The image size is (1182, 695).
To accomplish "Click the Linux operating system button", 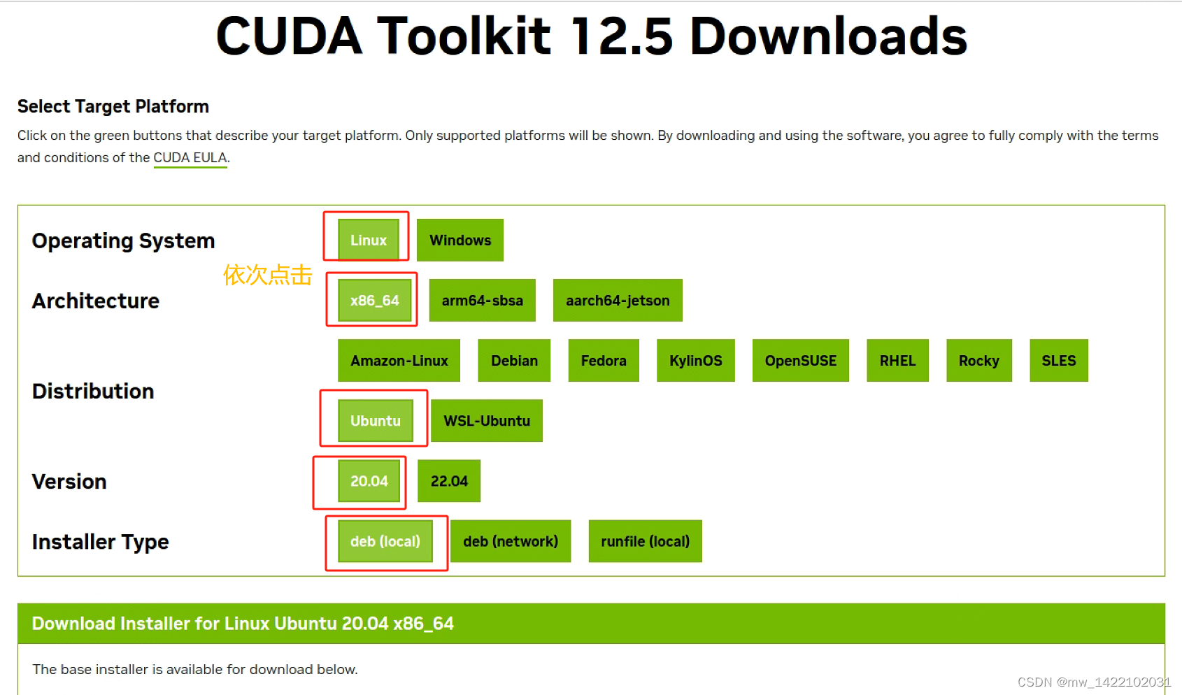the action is point(368,240).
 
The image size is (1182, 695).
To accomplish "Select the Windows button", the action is point(460,240).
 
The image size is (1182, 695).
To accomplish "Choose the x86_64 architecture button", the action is point(374,301).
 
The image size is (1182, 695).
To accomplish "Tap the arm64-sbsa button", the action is point(482,301).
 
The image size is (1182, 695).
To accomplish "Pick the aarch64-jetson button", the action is point(617,301).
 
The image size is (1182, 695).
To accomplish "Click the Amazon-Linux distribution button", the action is point(399,361).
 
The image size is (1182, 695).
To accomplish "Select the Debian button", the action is point(514,361).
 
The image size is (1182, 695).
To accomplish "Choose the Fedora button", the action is point(603,361).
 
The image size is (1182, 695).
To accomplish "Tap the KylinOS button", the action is point(695,361).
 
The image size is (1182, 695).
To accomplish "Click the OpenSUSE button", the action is point(800,361).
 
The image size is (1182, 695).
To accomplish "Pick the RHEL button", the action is point(897,361).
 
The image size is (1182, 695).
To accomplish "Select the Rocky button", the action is point(978,361).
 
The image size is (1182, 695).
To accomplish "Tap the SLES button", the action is point(1058,361).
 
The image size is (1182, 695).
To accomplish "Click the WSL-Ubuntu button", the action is point(486,421).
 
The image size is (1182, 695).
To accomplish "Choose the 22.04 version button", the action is point(448,481).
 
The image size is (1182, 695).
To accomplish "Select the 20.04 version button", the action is point(369,481).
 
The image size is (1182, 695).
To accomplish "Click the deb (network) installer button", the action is point(510,541).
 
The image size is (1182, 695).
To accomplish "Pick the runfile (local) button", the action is point(645,541).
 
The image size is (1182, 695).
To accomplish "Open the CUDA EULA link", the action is point(190,158).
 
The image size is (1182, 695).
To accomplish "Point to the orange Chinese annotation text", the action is point(267,275).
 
